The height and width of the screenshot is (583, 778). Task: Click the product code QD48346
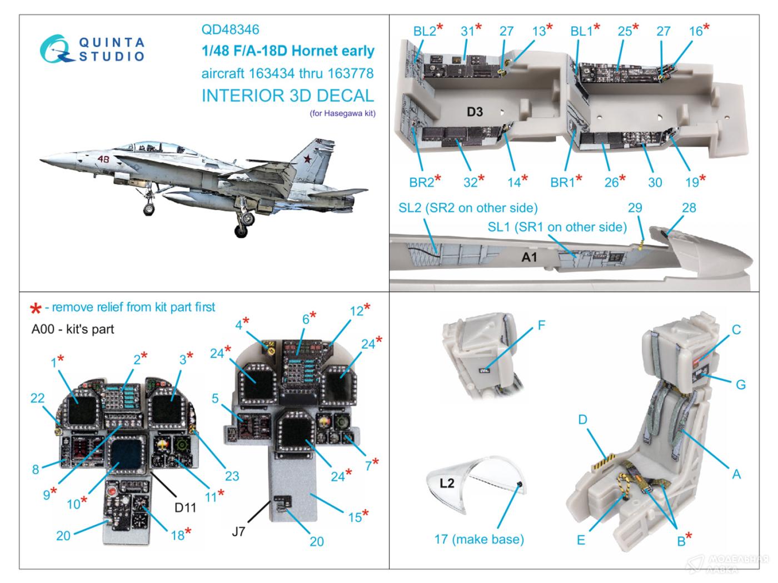(231, 29)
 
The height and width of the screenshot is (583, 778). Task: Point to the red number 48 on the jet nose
(103, 159)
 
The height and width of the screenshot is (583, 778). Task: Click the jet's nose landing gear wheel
(149, 209)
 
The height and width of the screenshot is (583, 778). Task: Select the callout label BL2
(424, 31)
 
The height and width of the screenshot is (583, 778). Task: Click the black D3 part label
(474, 112)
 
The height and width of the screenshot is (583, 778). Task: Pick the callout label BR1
(562, 182)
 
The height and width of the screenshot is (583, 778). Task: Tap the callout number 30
(655, 182)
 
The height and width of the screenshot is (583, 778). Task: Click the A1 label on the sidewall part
(529, 257)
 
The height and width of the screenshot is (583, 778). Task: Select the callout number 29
(635, 208)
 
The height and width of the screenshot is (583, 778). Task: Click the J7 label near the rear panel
(238, 531)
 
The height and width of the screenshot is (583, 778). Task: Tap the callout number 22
(37, 398)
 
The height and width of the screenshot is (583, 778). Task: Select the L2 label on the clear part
(447, 483)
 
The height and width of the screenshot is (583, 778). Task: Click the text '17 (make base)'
(478, 539)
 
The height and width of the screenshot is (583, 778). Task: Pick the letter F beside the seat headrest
(542, 325)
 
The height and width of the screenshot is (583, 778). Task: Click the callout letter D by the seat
(582, 420)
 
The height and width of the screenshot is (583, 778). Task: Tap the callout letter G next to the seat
(740, 384)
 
